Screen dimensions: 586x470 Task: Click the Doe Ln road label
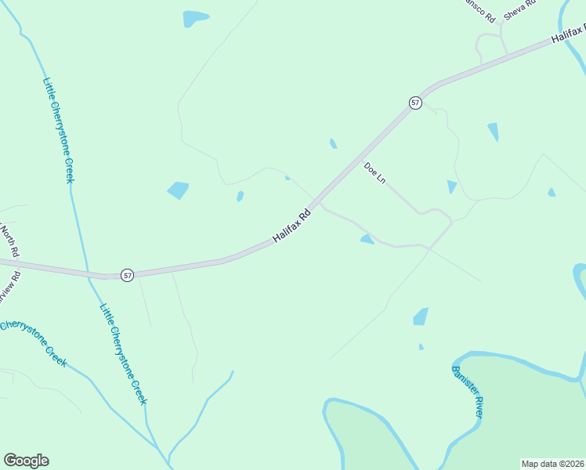pos(375,173)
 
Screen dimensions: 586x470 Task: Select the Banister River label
pos(467,391)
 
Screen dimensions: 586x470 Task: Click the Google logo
pos(26,461)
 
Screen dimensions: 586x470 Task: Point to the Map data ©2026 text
pos(552,464)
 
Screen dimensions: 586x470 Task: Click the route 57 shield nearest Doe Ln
pos(415,103)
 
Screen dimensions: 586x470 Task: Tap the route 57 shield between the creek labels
pos(128,275)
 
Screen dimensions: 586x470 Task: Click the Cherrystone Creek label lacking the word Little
pos(34,343)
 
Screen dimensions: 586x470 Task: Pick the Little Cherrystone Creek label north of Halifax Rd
pos(60,130)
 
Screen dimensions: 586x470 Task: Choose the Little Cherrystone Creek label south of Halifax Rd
pos(123,354)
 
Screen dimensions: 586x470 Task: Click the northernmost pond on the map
pos(195,18)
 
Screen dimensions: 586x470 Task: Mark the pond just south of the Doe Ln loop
pos(367,239)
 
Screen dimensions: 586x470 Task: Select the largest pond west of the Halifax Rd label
pos(178,190)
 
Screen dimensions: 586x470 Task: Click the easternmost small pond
pos(552,192)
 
